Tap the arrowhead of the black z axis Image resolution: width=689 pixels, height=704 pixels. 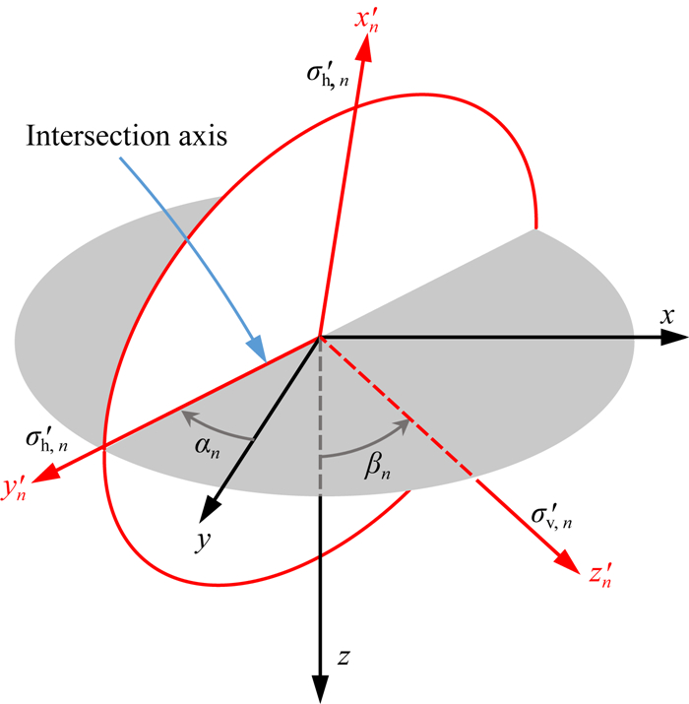pyautogui.click(x=319, y=690)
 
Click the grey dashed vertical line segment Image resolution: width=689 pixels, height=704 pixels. pyautogui.click(x=319, y=414)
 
